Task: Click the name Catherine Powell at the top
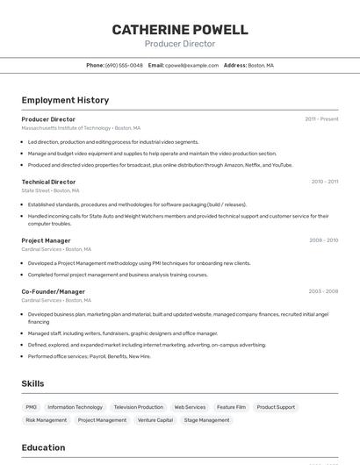point(179,29)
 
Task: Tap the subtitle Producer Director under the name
point(179,44)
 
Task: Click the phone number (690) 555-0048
point(124,65)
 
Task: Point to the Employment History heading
point(65,100)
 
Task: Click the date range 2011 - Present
point(321,119)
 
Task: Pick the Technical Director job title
point(48,182)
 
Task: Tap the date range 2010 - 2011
point(324,182)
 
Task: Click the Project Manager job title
point(46,240)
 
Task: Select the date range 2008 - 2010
point(323,240)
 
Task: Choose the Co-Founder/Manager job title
point(53,291)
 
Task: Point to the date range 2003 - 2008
point(323,291)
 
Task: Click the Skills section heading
point(32,383)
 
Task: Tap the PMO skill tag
point(31,407)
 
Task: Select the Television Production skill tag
point(138,407)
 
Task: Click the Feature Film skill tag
point(231,407)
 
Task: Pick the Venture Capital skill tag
point(155,420)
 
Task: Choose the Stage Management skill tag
point(206,420)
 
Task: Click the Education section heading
point(43,447)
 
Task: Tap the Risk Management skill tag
point(46,420)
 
